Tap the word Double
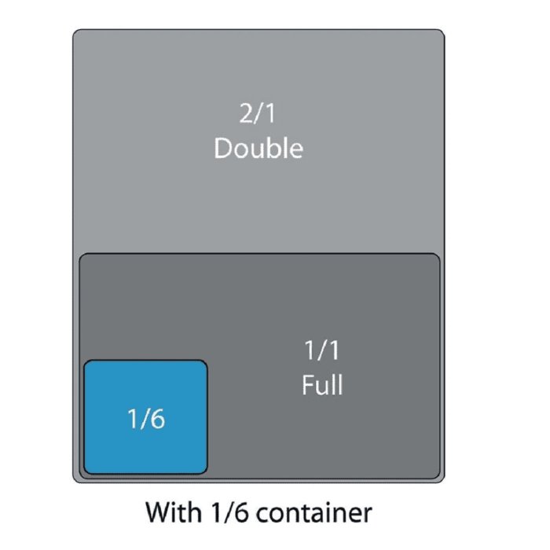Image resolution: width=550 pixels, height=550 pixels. pos(258,148)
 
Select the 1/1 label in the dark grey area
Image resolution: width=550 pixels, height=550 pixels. pos(322,350)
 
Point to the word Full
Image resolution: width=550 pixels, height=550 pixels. pos(322,385)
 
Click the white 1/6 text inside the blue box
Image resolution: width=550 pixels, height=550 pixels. pos(146,420)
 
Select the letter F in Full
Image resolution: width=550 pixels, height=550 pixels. pos(307,385)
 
